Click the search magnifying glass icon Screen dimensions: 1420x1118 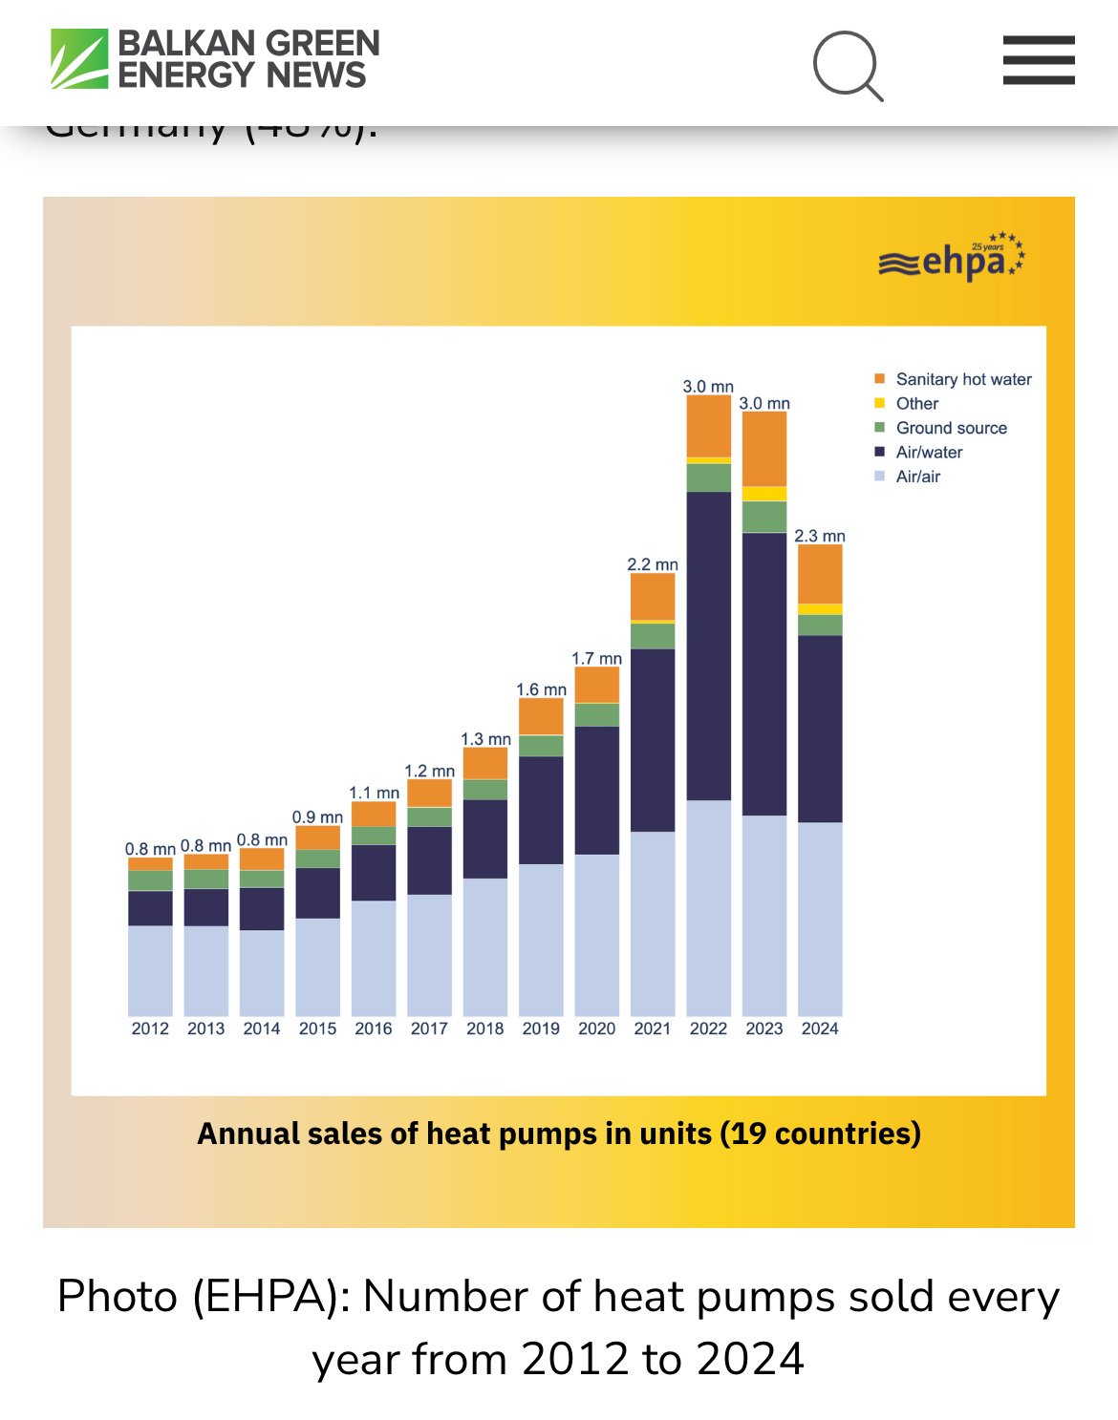tap(848, 65)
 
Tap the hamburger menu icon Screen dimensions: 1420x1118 tap(1039, 60)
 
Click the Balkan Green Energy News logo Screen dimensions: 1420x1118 tap(216, 59)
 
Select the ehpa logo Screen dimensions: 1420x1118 tap(952, 258)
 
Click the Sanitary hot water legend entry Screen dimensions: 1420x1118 tap(963, 379)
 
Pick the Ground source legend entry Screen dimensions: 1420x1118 tap(951, 428)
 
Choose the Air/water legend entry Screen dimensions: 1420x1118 tap(929, 453)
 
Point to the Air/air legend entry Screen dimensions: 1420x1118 tap(917, 477)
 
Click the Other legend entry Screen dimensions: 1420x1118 tap(916, 404)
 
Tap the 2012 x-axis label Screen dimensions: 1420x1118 tap(150, 1028)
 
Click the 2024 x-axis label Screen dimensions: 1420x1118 tap(820, 1028)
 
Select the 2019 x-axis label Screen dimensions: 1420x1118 tap(541, 1028)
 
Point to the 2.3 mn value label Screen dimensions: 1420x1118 tap(820, 536)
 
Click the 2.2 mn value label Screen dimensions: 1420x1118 tap(653, 564)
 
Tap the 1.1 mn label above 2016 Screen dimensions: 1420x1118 tap(374, 793)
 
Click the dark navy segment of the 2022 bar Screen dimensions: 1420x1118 tap(709, 645)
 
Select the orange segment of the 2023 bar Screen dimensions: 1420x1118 tap(764, 449)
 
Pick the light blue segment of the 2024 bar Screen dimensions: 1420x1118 tap(820, 917)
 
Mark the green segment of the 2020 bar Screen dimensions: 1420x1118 tap(597, 714)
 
